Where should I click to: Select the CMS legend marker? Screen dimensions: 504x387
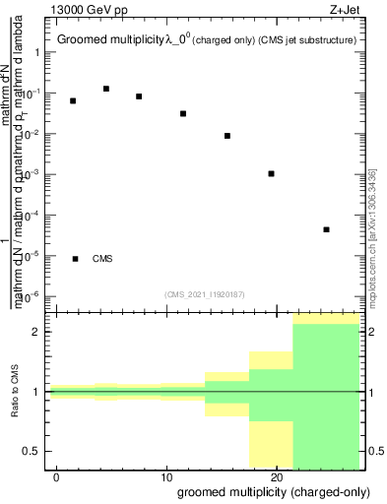point(76,259)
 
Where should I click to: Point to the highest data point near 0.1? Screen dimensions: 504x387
point(106,89)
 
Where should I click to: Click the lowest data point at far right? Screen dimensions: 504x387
point(326,229)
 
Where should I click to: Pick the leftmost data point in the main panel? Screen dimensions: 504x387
point(73,100)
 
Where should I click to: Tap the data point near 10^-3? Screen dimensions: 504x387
point(271,173)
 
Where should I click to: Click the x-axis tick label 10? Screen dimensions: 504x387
point(166,476)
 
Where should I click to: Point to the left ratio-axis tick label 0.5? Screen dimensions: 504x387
point(32,451)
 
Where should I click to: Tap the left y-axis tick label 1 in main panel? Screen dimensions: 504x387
point(36,53)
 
